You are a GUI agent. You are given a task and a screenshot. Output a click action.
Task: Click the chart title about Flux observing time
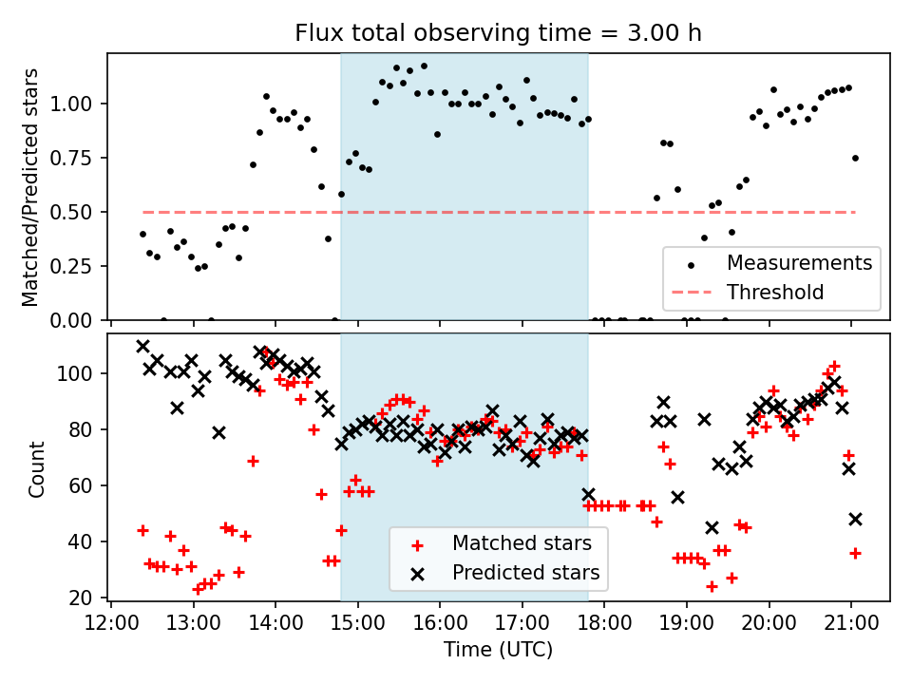click(x=498, y=33)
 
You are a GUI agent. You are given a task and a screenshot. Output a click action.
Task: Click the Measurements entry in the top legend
click(x=799, y=263)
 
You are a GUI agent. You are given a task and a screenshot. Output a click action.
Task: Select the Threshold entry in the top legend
click(x=775, y=292)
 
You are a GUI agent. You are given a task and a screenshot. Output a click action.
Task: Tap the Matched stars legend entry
click(x=522, y=544)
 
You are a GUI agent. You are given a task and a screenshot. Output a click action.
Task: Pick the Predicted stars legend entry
click(x=525, y=573)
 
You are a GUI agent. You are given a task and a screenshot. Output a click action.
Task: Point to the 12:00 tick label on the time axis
click(x=111, y=623)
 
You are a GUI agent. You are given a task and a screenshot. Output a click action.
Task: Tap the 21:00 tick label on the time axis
click(x=850, y=623)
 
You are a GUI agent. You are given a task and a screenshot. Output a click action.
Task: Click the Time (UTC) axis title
click(x=498, y=650)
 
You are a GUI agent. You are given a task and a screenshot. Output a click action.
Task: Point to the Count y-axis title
click(x=37, y=468)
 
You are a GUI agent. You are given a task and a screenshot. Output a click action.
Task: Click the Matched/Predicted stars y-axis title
click(x=30, y=187)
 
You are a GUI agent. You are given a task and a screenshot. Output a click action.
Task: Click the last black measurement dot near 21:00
click(x=855, y=158)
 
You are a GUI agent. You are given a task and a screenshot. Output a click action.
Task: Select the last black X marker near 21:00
click(x=855, y=519)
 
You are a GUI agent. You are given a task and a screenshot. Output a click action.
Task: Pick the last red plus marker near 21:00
click(x=855, y=553)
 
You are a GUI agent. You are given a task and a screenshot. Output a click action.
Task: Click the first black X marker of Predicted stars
click(x=142, y=347)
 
